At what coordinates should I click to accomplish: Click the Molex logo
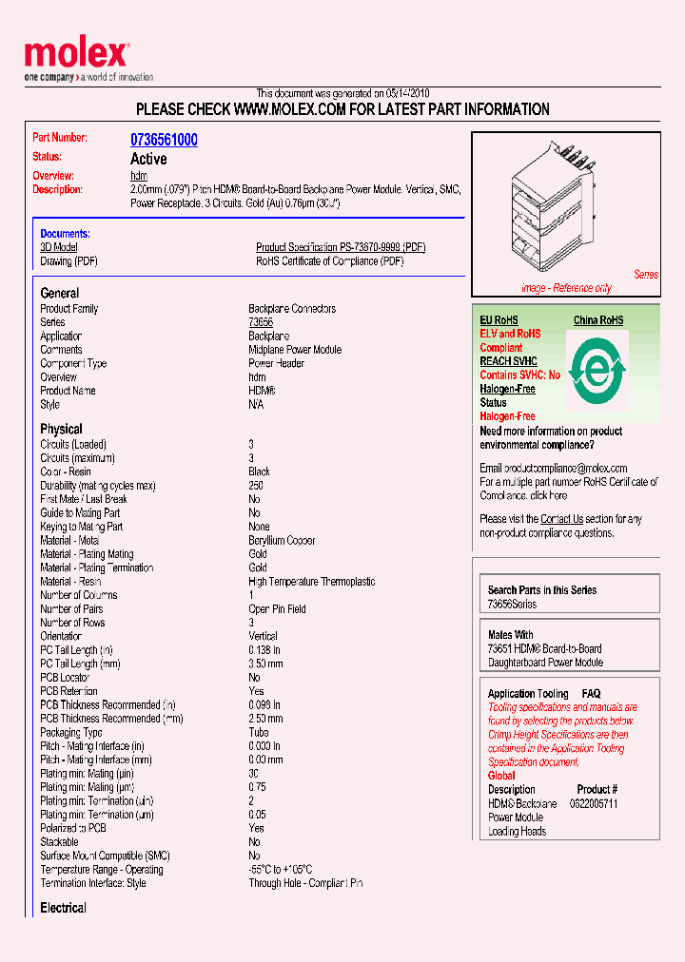(x=76, y=55)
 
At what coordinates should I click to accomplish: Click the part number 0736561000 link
(x=164, y=140)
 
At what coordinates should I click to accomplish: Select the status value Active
(x=148, y=159)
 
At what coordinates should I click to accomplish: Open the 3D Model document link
(x=58, y=247)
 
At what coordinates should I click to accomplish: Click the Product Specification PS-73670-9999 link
(x=341, y=247)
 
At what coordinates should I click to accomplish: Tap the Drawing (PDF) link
(x=68, y=261)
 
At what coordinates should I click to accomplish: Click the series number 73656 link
(x=261, y=322)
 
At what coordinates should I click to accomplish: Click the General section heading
(x=60, y=293)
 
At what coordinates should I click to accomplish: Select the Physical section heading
(x=61, y=429)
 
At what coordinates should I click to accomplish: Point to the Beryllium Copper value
(x=282, y=540)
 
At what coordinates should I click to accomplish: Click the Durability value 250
(x=256, y=486)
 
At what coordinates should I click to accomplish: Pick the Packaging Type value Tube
(x=259, y=733)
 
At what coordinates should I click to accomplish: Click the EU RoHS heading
(x=499, y=320)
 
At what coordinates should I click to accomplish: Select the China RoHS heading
(x=597, y=320)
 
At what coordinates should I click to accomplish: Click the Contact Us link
(x=561, y=519)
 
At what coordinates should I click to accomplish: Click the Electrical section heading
(x=63, y=908)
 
